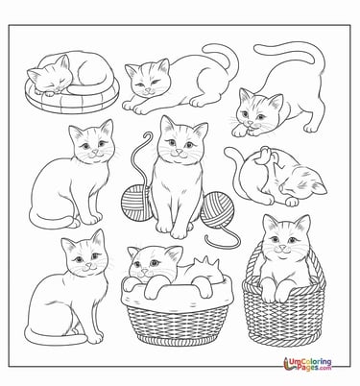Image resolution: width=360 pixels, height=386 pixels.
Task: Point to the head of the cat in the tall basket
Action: click(285, 239)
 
